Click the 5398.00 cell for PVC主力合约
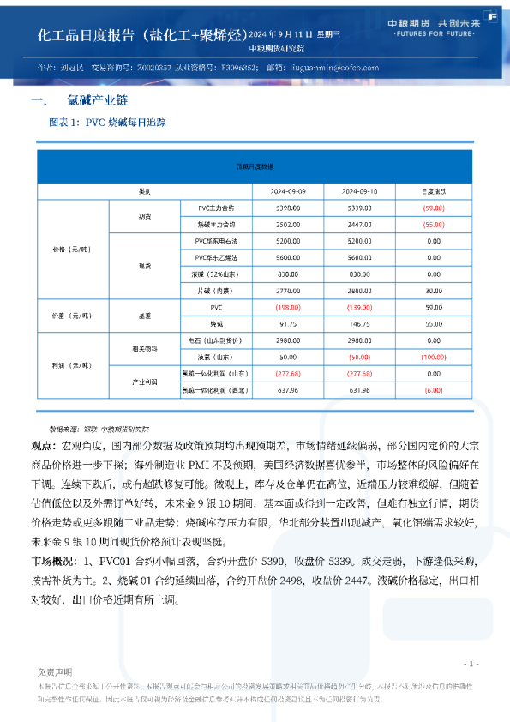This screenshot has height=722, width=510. tap(288, 208)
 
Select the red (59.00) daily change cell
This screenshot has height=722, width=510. tap(434, 208)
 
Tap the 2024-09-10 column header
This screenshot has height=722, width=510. tap(360, 190)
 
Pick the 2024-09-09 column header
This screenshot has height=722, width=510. tap(288, 190)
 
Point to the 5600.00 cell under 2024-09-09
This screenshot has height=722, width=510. tap(288, 257)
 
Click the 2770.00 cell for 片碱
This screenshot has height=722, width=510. tap(288, 291)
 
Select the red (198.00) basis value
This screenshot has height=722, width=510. tap(288, 307)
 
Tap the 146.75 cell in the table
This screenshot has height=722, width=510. tap(360, 325)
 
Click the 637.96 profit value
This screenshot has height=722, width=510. tap(288, 390)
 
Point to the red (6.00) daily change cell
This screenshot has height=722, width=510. tap(434, 390)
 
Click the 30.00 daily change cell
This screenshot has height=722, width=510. tap(434, 291)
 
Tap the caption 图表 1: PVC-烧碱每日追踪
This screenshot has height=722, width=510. tap(107, 123)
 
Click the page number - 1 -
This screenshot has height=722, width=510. tap(470, 664)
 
